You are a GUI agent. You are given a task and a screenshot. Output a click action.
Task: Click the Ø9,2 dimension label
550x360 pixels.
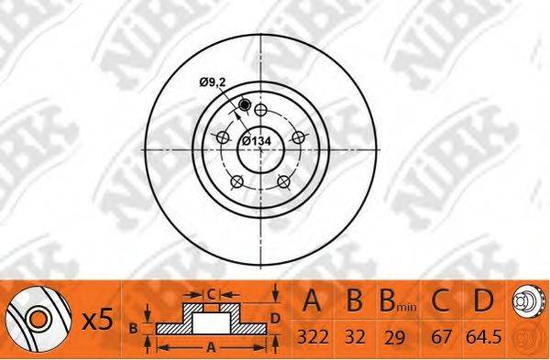[x=213, y=82]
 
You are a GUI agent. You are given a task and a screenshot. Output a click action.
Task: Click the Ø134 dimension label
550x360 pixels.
[x=257, y=141]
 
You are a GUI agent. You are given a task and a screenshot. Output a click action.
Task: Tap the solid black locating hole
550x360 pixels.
[x=244, y=104]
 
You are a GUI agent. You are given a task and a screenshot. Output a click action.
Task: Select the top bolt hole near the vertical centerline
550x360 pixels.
[x=260, y=110]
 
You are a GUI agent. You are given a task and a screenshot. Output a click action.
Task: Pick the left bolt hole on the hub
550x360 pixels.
[x=223, y=136]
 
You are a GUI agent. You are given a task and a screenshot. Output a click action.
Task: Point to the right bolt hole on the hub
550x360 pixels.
[x=299, y=137]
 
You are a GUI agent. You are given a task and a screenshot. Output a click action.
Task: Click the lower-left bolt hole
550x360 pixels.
[x=237, y=181]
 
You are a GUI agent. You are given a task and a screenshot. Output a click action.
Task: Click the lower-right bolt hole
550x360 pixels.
[x=283, y=181]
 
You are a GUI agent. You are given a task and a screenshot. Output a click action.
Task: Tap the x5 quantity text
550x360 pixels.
[x=98, y=320]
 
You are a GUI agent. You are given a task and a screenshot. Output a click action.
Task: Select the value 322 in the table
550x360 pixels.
[x=313, y=337]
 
